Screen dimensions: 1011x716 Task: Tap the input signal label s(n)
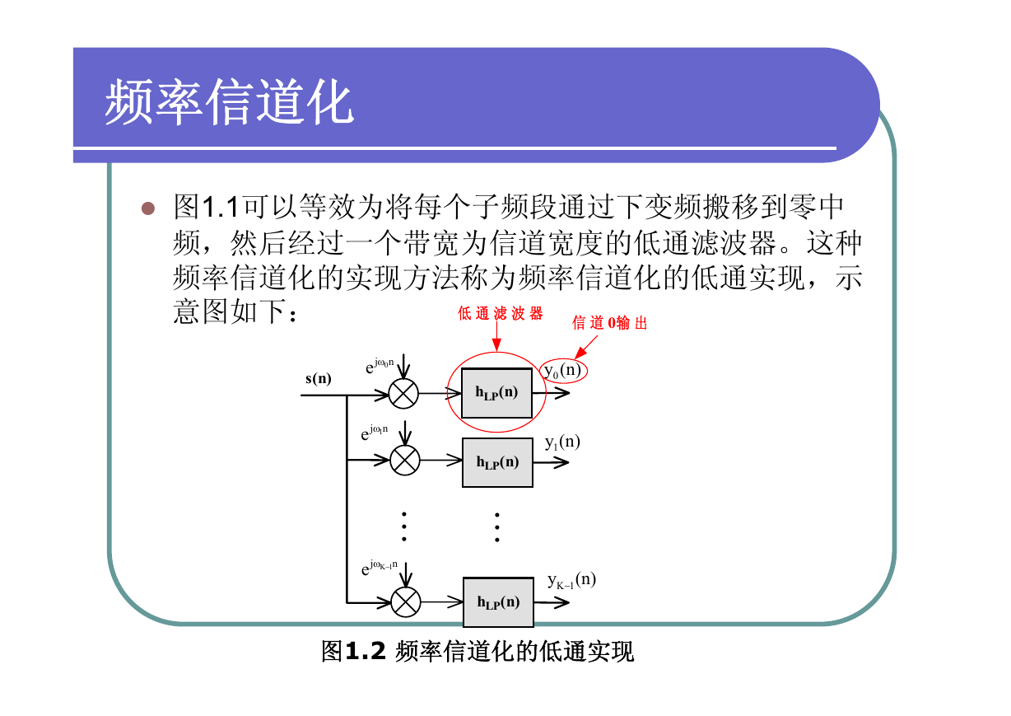point(318,378)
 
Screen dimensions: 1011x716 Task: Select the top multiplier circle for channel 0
point(403,394)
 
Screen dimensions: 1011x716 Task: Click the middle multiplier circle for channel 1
point(405,461)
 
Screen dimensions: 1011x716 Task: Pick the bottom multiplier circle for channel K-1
point(406,602)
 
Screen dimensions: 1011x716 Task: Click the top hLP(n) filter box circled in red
point(496,393)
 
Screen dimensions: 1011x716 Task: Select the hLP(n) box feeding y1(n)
point(497,462)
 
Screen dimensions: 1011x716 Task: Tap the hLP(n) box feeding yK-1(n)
point(498,602)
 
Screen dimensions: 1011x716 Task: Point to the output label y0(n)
point(562,371)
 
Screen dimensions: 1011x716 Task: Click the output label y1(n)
point(562,442)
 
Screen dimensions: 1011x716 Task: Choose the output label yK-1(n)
point(572,580)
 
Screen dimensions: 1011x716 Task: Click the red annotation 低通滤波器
point(500,313)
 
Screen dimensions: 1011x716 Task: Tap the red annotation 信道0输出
point(610,322)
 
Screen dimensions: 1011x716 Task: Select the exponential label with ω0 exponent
point(380,366)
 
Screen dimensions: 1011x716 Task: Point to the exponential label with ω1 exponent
point(374,433)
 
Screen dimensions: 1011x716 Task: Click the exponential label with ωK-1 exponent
point(379,568)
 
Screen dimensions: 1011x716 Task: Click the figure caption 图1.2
point(353,651)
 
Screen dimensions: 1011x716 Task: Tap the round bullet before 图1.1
point(148,208)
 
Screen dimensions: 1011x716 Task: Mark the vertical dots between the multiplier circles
point(404,526)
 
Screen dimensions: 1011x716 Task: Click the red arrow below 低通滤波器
point(496,336)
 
